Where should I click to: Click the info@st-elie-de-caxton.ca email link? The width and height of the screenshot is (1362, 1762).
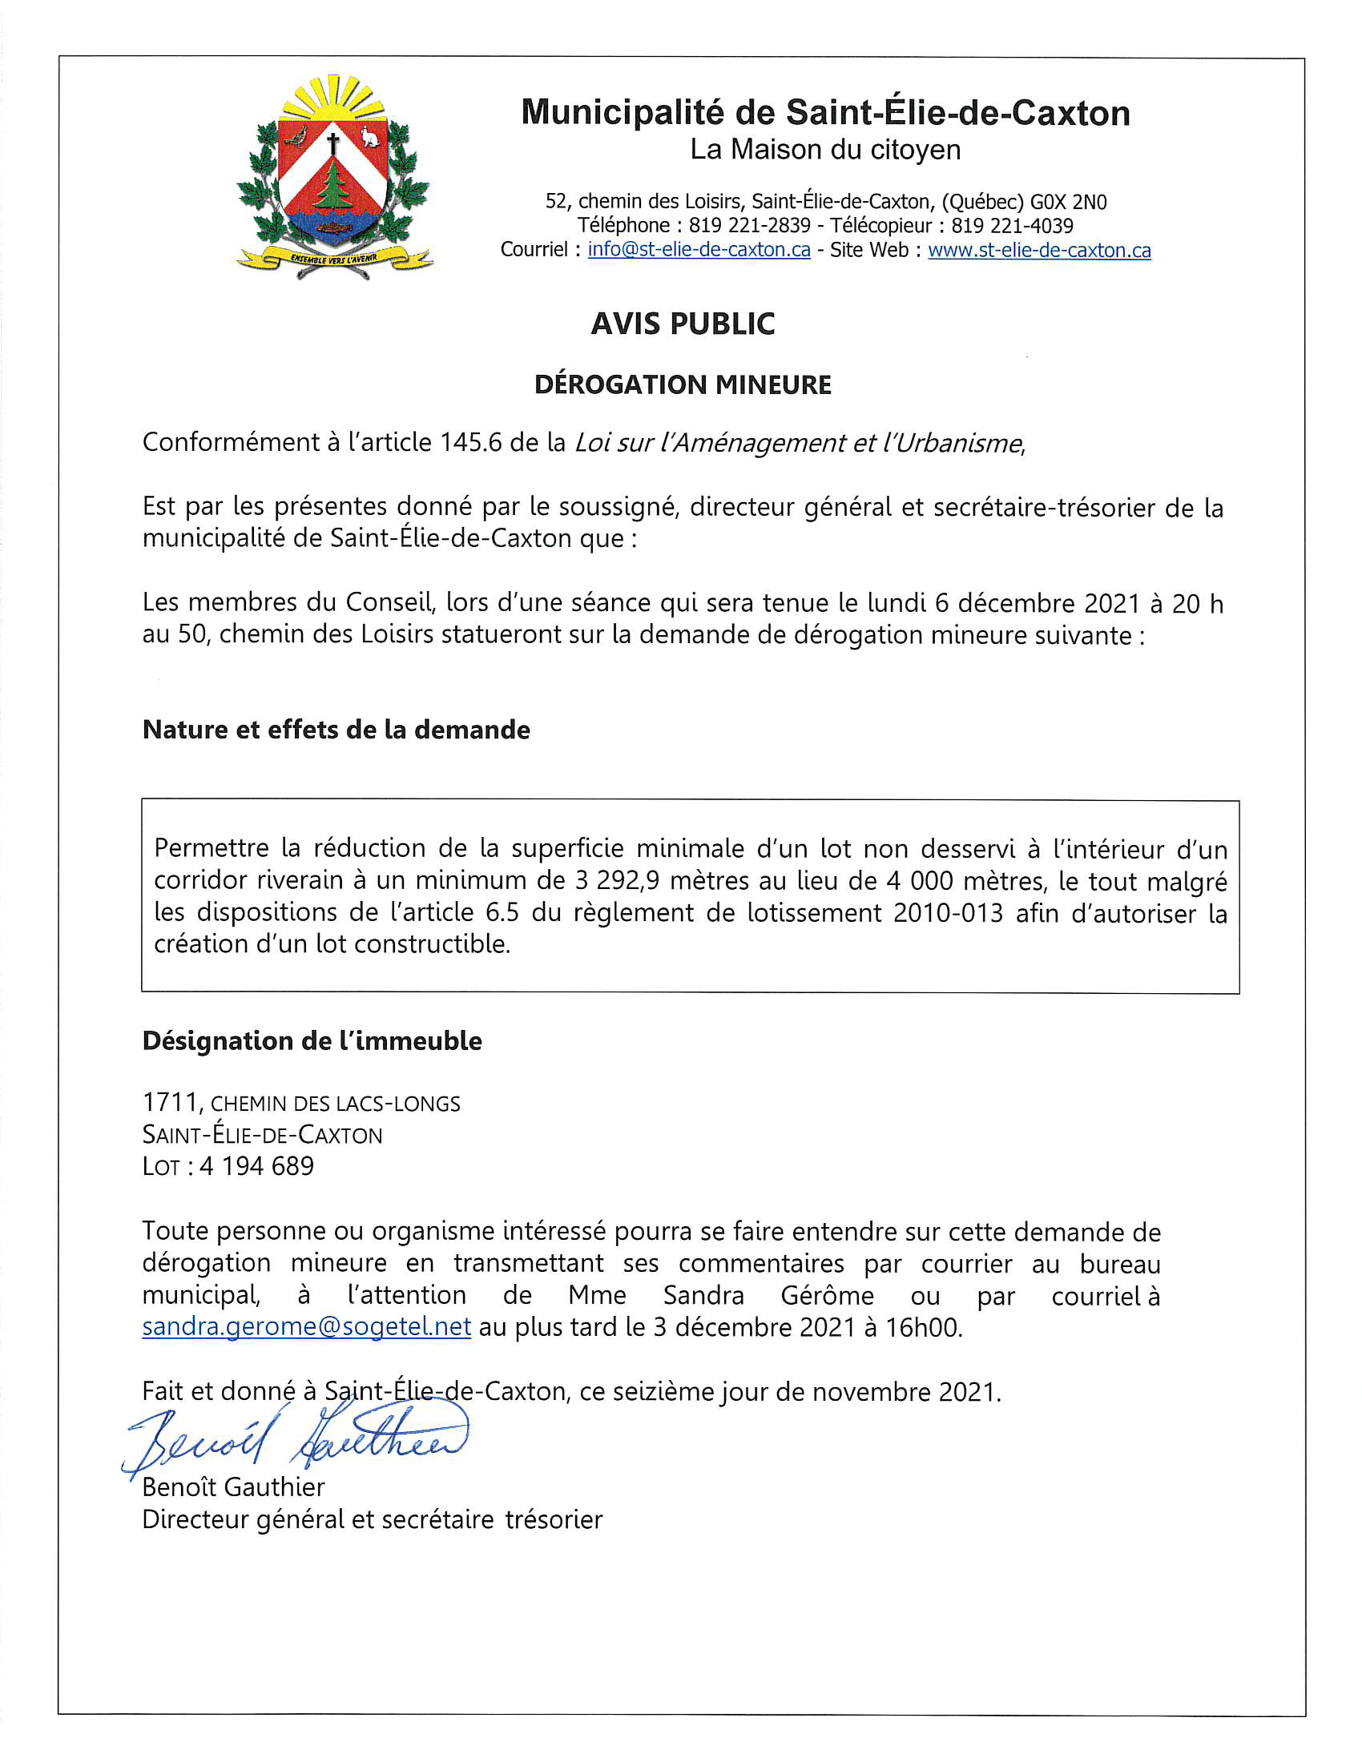click(699, 250)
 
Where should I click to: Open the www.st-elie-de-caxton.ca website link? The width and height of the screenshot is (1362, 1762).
click(1039, 250)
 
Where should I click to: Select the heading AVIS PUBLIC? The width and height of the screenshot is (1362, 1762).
click(683, 324)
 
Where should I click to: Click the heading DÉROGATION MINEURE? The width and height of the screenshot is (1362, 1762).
click(683, 384)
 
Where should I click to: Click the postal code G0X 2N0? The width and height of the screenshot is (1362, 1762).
click(1067, 202)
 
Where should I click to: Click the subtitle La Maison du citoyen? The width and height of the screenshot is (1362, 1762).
click(824, 150)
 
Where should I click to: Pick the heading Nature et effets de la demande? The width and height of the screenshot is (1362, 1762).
click(336, 730)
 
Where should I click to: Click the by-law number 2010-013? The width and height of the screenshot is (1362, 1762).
click(948, 912)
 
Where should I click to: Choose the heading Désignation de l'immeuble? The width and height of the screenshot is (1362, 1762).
click(312, 1041)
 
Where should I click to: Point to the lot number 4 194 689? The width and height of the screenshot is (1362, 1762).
click(256, 1167)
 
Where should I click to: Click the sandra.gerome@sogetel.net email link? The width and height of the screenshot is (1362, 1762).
click(307, 1327)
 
